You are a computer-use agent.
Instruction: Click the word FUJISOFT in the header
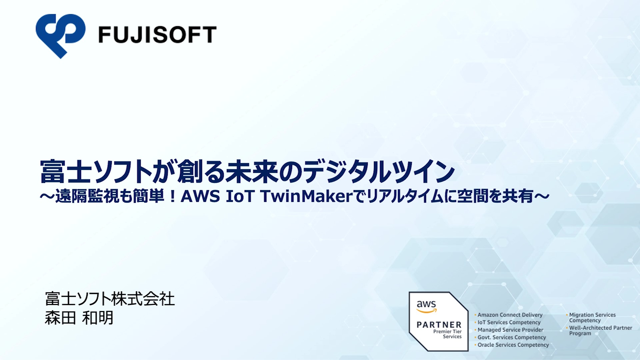[x=158, y=35]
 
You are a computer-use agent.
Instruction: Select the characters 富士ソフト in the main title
[x=96, y=172]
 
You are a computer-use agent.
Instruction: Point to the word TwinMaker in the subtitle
[x=307, y=196]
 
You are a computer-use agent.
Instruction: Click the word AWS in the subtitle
[x=200, y=196]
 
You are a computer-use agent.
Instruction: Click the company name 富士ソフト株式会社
[x=110, y=299]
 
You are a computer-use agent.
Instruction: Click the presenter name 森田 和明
[x=79, y=318]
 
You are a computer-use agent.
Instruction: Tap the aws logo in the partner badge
[x=426, y=306]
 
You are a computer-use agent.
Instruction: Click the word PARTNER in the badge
[x=439, y=325]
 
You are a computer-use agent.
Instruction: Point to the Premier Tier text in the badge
[x=447, y=331]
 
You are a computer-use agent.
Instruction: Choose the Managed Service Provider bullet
[x=509, y=330]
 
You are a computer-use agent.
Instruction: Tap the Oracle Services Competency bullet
[x=512, y=345]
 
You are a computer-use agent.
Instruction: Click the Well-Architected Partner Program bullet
[x=599, y=330]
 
